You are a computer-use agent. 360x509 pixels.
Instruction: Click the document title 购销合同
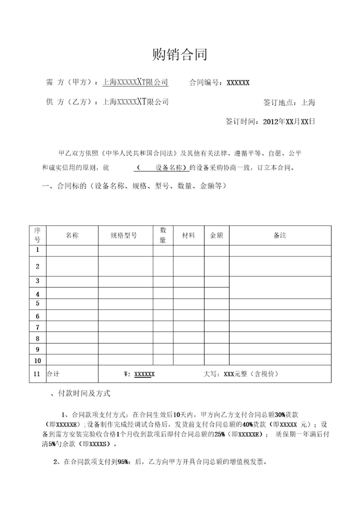(x=179, y=54)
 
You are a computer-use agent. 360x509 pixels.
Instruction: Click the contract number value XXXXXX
(x=238, y=83)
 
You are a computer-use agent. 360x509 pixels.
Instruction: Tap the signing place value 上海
(x=308, y=102)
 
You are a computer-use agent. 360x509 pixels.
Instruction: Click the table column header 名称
(x=72, y=235)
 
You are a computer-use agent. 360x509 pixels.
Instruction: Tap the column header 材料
(x=188, y=235)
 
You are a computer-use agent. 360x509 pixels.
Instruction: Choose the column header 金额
(x=216, y=235)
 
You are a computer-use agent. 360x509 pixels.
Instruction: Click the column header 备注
(x=280, y=235)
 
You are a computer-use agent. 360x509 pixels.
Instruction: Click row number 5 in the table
(x=37, y=303)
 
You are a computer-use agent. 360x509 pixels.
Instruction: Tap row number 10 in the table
(x=37, y=360)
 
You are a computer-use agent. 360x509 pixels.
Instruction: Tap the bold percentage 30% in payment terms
(x=280, y=414)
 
